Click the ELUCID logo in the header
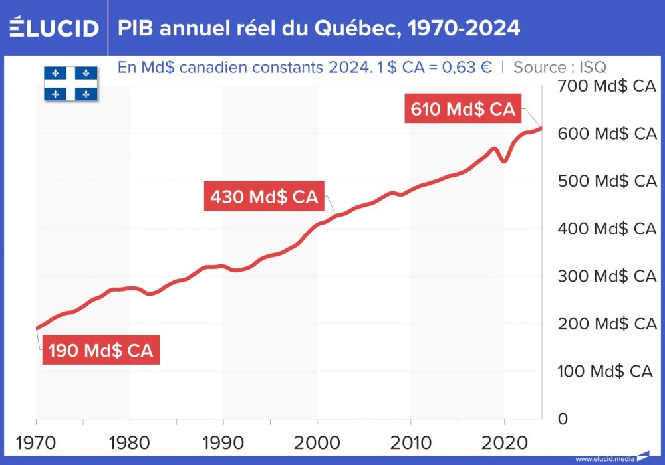[54, 28]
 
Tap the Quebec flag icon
[70, 83]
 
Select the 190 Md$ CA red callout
[101, 351]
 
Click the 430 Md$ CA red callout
[264, 197]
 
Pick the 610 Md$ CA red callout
[463, 110]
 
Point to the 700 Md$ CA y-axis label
[607, 86]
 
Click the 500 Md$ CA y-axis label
[607, 181]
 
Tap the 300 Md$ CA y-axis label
[607, 276]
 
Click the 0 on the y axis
[563, 418]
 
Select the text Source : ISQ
[559, 67]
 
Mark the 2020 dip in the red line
[504, 161]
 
